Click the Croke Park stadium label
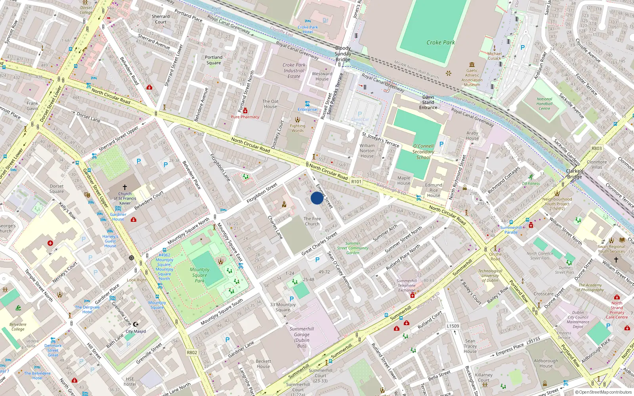point(440,42)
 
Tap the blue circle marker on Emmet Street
point(317,198)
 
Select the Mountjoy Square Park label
point(200,275)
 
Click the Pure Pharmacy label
point(245,117)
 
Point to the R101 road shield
point(356,181)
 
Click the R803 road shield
point(596,148)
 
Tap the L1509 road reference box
point(453,326)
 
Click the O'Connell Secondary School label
point(423,152)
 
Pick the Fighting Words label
point(298,128)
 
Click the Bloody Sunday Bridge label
point(343,54)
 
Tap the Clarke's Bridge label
point(575,174)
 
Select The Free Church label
point(312,221)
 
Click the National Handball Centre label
point(544,104)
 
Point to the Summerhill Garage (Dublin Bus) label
point(302,337)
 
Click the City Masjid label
point(136,331)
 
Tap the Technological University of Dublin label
point(490,276)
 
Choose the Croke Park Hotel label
point(308,30)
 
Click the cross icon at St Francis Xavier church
point(125,187)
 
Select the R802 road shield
point(192,352)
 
